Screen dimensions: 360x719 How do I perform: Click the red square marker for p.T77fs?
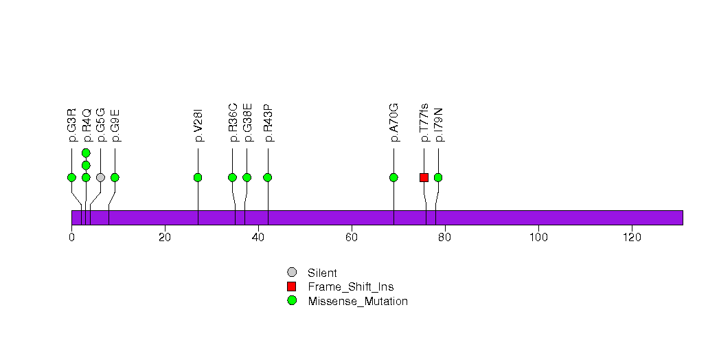coord(424,177)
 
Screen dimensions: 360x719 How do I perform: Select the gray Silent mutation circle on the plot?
coord(100,177)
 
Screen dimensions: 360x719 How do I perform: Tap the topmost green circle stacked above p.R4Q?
coord(86,153)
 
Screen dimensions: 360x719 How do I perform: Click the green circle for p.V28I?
coord(198,177)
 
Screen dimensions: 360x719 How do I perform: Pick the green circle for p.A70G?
coord(393,177)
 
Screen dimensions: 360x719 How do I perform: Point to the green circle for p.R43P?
coord(268,177)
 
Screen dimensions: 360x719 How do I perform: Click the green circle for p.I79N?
coord(438,177)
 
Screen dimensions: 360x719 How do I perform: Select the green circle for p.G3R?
coord(71,177)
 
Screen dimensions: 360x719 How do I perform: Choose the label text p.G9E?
coord(115,124)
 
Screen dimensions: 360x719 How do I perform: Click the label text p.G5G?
coord(101,124)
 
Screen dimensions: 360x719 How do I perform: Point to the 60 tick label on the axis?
coord(352,237)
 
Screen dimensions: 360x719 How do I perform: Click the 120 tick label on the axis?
coord(631,237)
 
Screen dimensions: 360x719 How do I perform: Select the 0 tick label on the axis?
coord(71,237)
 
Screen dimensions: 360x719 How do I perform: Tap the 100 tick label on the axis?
coord(538,237)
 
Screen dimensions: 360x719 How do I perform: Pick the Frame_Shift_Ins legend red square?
coord(292,286)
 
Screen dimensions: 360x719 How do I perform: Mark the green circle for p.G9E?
coord(115,177)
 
